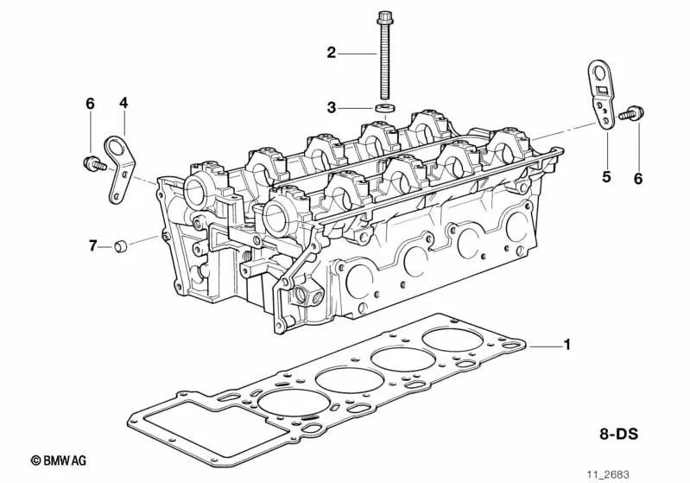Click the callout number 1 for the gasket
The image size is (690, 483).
tap(567, 346)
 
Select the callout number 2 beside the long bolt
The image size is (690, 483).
tap(331, 54)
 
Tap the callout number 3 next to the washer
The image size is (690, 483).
tap(331, 108)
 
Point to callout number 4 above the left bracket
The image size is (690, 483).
tap(123, 103)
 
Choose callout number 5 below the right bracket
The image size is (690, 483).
tap(606, 177)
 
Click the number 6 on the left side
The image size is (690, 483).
tap(89, 104)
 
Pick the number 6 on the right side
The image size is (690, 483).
tap(638, 178)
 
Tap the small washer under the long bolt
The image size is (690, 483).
tap(384, 107)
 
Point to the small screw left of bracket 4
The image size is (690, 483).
tap(90, 162)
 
